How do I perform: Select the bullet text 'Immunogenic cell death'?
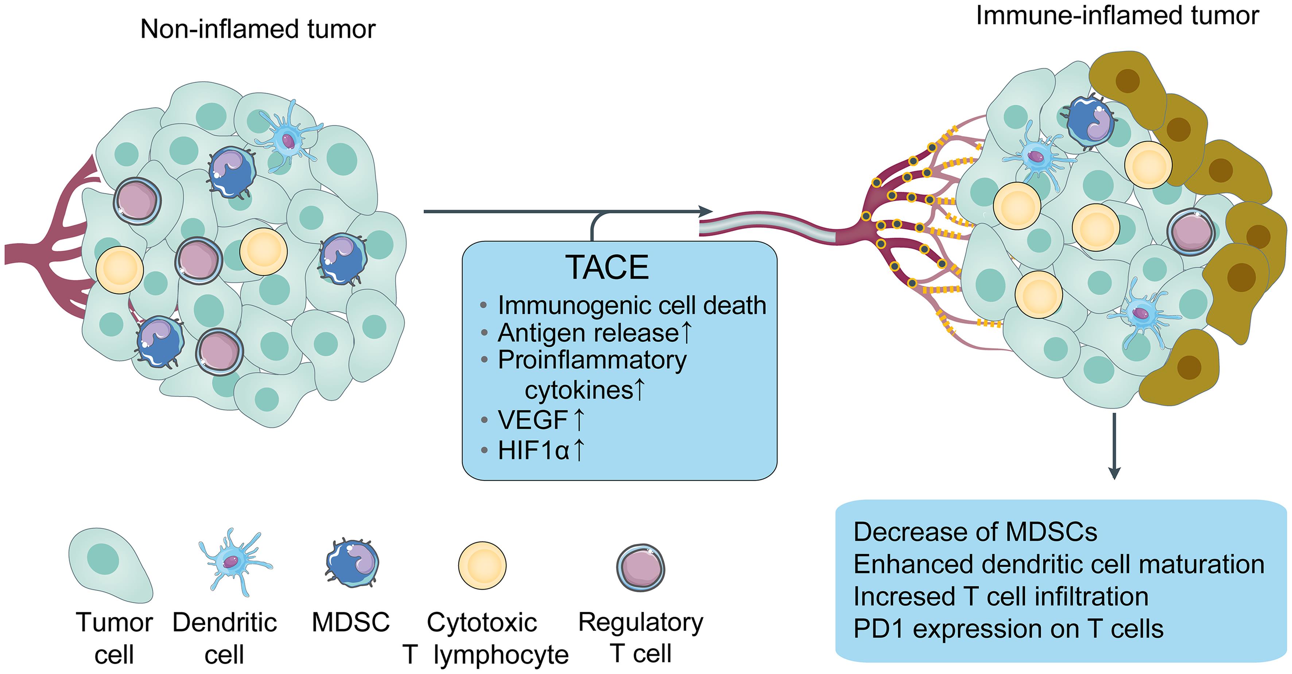coord(632,305)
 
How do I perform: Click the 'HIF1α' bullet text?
coord(534,450)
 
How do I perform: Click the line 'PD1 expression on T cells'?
coord(1009,628)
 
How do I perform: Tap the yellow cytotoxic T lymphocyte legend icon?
coord(482,565)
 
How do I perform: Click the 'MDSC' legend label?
coord(350,622)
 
